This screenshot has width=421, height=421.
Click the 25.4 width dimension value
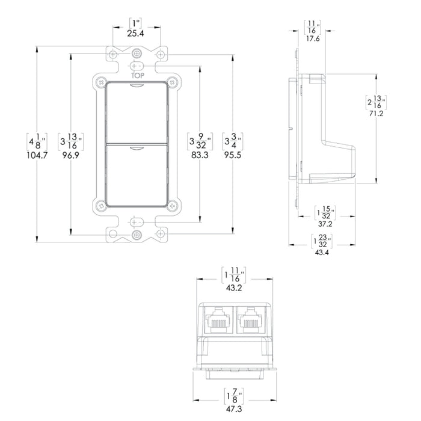pyautogui.click(x=136, y=34)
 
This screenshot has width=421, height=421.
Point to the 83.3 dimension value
pyautogui.click(x=196, y=154)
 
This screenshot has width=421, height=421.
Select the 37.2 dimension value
pyautogui.click(x=325, y=223)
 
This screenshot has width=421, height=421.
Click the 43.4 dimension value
pyautogui.click(x=322, y=253)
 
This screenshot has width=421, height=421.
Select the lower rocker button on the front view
pyautogui.click(x=137, y=174)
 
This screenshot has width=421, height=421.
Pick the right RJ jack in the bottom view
pyautogui.click(x=250, y=319)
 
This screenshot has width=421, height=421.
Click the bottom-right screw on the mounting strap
pyautogui.click(x=161, y=233)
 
